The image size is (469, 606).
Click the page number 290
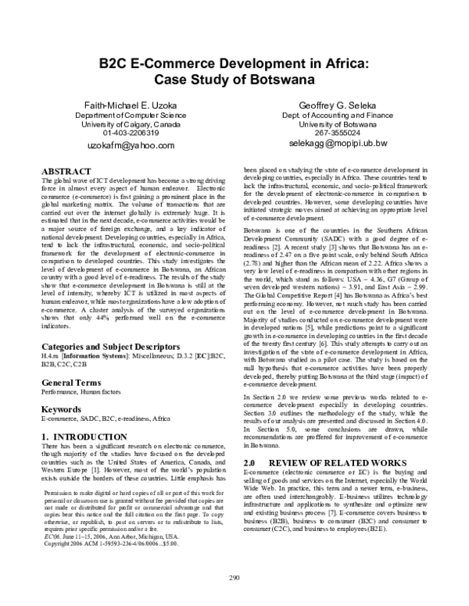(x=234, y=579)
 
